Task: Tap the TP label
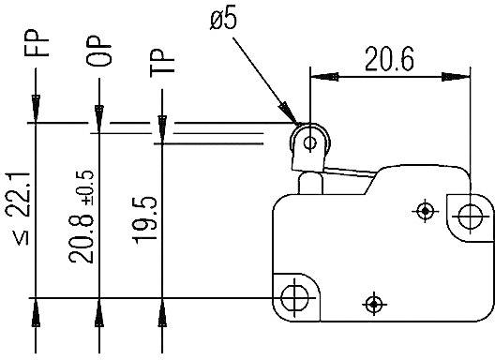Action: [x=163, y=62]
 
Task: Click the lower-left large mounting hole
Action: [x=294, y=297]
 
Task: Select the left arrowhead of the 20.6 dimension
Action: [x=316, y=76]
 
